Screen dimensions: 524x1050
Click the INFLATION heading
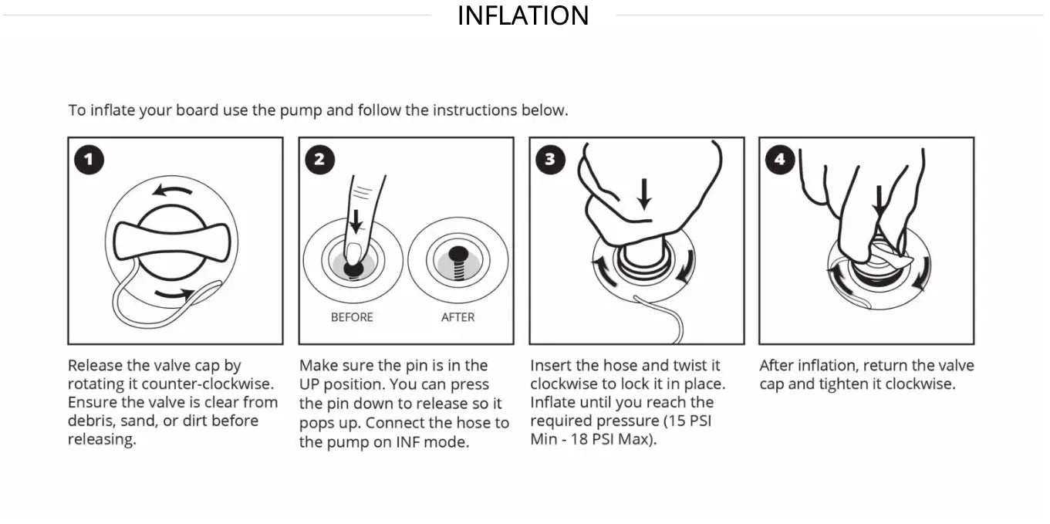coord(523,15)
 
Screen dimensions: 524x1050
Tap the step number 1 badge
coord(89,160)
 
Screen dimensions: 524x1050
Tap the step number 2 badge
coord(319,160)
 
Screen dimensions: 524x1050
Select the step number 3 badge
coord(549,160)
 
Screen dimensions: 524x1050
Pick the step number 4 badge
coord(779,160)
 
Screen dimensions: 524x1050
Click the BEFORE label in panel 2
coord(352,317)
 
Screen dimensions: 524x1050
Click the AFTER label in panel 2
coord(457,317)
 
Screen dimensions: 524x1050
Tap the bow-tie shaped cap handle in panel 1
coord(171,242)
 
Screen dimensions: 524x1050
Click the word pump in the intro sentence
coord(300,110)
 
